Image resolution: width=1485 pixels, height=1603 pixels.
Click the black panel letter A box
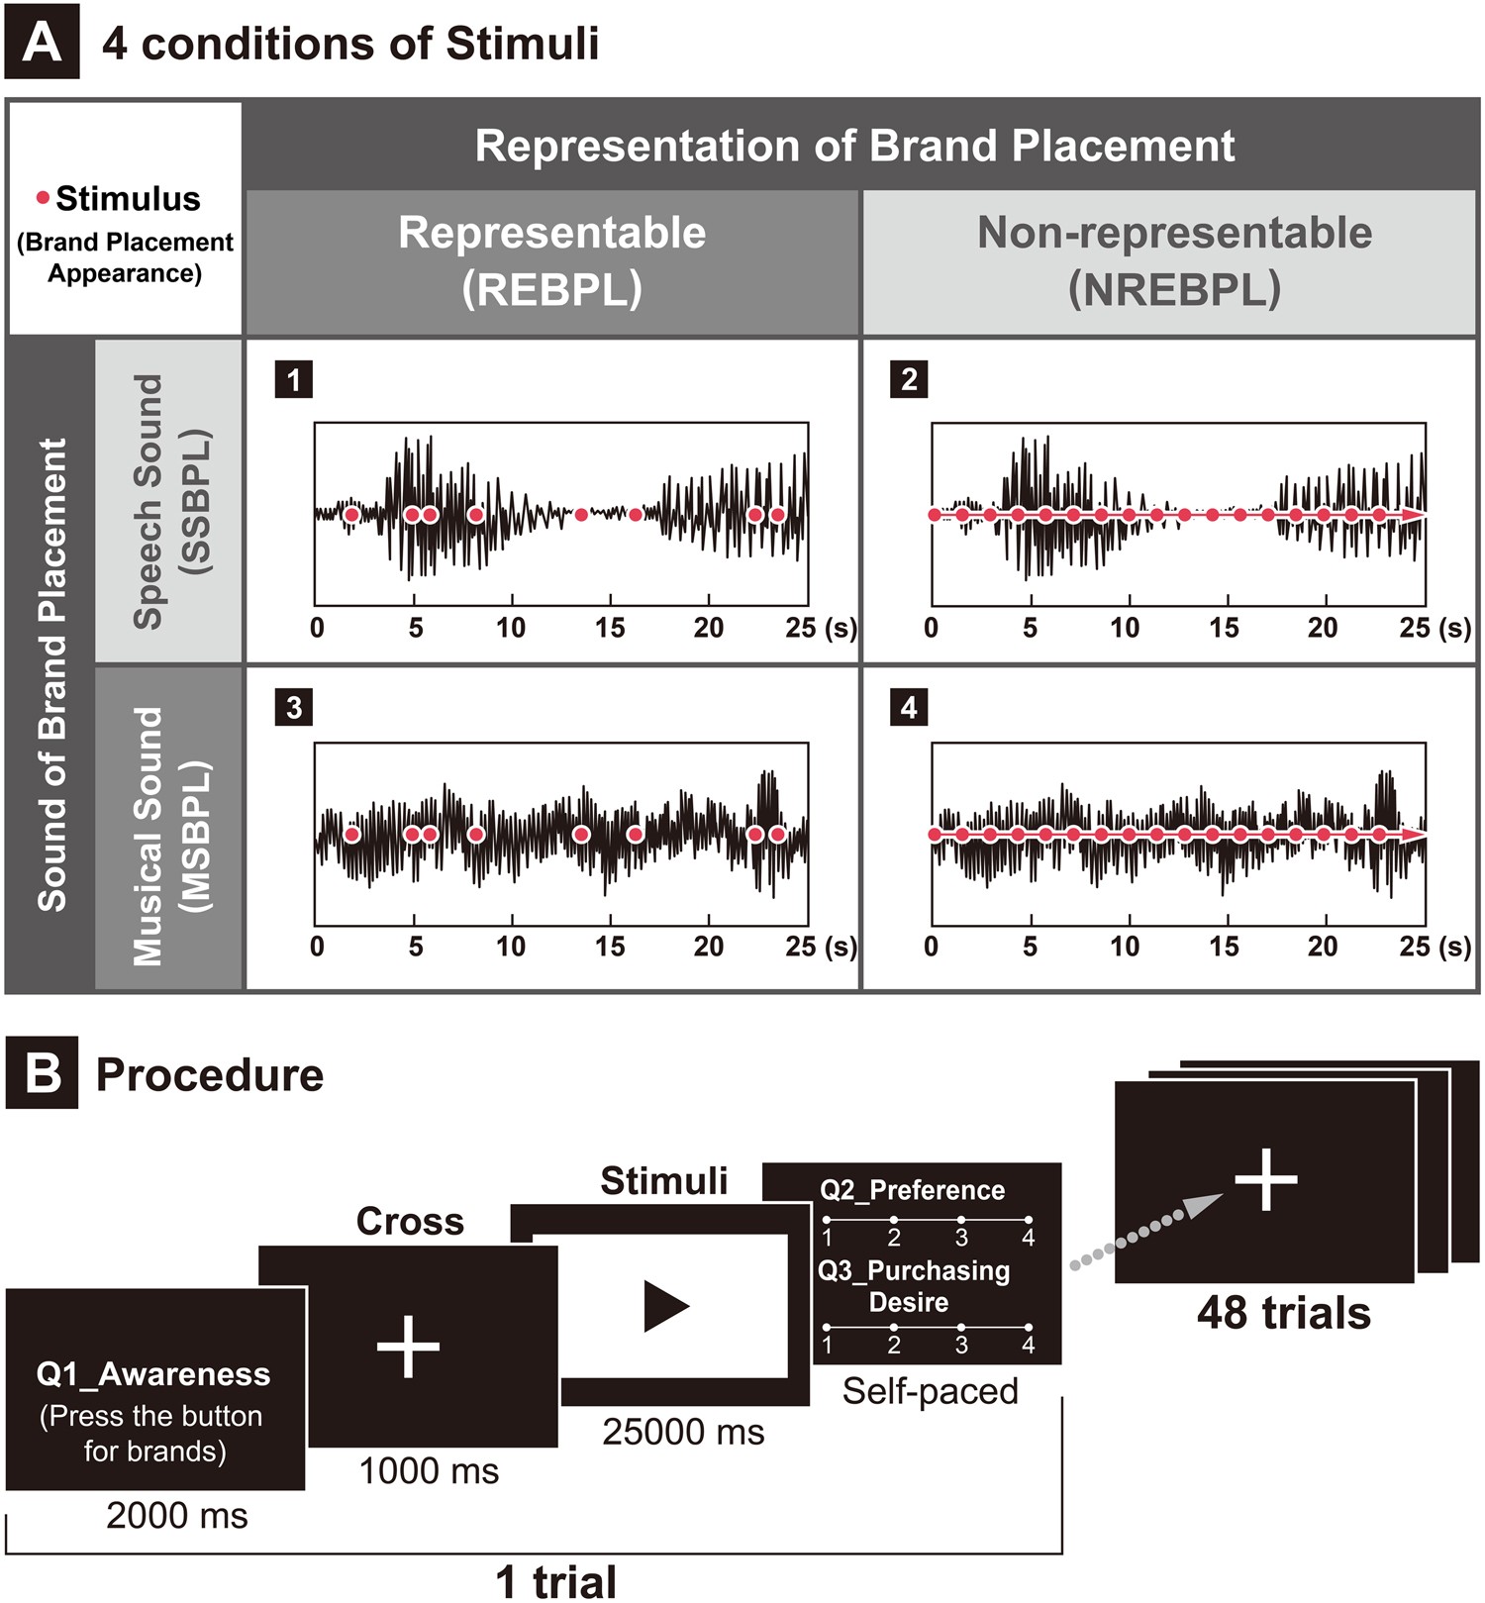tap(42, 44)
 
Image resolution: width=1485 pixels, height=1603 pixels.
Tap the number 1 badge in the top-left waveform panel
tap(293, 379)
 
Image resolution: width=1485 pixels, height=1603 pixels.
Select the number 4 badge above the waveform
tap(909, 707)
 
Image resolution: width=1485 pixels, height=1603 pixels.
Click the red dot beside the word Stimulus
tap(43, 198)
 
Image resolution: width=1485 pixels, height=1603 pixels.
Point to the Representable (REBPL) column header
tap(551, 260)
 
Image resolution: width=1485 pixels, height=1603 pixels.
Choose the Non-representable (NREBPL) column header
tap(1173, 260)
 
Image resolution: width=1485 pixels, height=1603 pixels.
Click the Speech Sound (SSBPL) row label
tap(169, 501)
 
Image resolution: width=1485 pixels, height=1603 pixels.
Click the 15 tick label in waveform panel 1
tap(610, 628)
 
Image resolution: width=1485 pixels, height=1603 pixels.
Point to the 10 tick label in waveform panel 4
tap(1125, 947)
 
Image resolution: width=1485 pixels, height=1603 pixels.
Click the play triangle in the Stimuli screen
tap(665, 1306)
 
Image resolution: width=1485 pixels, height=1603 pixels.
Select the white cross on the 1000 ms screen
tap(408, 1347)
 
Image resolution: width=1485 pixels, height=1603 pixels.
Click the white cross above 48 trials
tap(1266, 1179)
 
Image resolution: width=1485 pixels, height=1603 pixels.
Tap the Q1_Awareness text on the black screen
tap(153, 1374)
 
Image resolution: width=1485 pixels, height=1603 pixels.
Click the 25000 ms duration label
tap(683, 1432)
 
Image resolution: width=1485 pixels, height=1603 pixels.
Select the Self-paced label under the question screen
tap(930, 1391)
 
